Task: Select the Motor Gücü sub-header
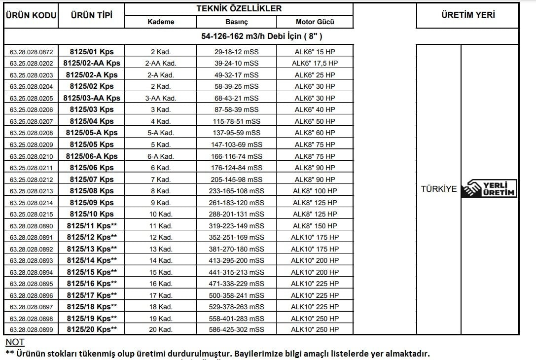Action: (315, 22)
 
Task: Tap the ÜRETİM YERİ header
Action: (468, 15)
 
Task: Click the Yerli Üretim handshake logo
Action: (489, 188)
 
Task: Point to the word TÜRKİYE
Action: (438, 189)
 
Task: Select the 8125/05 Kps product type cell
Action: (92, 144)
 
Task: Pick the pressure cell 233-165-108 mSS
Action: (236, 191)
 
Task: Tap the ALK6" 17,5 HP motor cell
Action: (315, 63)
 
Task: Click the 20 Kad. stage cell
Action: (161, 330)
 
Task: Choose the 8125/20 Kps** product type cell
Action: (92, 330)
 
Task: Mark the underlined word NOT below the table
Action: (15, 342)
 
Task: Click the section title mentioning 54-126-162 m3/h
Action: (262, 36)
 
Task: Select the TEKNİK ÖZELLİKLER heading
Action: (239, 9)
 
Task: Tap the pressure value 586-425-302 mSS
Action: (236, 330)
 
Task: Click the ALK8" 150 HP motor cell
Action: (315, 226)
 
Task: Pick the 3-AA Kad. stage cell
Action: (161, 98)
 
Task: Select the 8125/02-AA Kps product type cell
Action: (92, 63)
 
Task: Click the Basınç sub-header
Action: (236, 22)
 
